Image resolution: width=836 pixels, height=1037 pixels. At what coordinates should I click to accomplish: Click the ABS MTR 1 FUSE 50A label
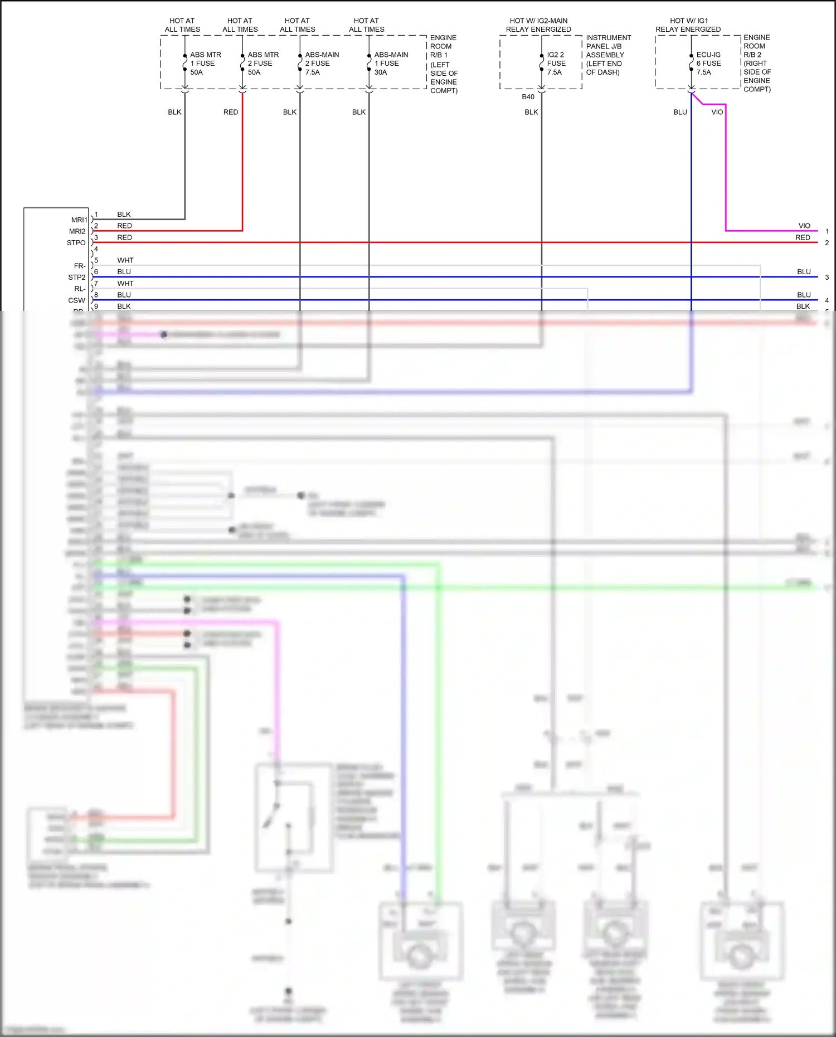[205, 64]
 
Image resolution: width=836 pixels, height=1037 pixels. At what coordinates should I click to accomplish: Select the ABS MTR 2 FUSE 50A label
[263, 64]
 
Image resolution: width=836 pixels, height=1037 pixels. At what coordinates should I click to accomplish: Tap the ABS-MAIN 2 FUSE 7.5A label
[322, 64]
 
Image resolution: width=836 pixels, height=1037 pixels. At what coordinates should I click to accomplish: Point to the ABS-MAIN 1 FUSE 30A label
[391, 64]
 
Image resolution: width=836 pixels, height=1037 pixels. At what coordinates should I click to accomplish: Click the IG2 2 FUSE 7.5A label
[556, 64]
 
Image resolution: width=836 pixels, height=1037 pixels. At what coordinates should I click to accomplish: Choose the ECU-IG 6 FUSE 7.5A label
[708, 64]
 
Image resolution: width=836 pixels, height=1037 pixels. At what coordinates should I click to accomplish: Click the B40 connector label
[528, 97]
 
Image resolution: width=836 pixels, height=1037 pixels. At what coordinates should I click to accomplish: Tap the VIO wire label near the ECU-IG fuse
[717, 112]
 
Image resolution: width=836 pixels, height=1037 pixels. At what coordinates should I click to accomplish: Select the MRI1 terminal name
[79, 220]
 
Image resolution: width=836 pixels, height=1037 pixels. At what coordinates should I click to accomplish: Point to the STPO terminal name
[76, 243]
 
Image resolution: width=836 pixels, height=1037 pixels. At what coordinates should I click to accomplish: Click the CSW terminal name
[77, 300]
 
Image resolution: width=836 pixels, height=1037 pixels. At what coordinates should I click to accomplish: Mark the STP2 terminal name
[77, 277]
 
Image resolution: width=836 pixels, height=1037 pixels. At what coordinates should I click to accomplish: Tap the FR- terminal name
[80, 266]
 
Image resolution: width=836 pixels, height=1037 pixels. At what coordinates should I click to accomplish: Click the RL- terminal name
[80, 289]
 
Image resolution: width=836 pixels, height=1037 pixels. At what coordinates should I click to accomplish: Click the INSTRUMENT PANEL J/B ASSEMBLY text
[608, 55]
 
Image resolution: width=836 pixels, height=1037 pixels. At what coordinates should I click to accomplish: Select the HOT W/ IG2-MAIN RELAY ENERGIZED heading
[538, 25]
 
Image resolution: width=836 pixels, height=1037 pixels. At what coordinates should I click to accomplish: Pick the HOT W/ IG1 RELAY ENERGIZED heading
[688, 25]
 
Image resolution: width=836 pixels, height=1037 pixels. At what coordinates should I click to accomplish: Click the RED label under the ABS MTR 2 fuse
[231, 112]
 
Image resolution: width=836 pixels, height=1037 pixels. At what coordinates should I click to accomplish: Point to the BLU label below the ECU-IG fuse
[680, 112]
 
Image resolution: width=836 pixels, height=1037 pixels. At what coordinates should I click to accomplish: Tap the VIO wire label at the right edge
[804, 226]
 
